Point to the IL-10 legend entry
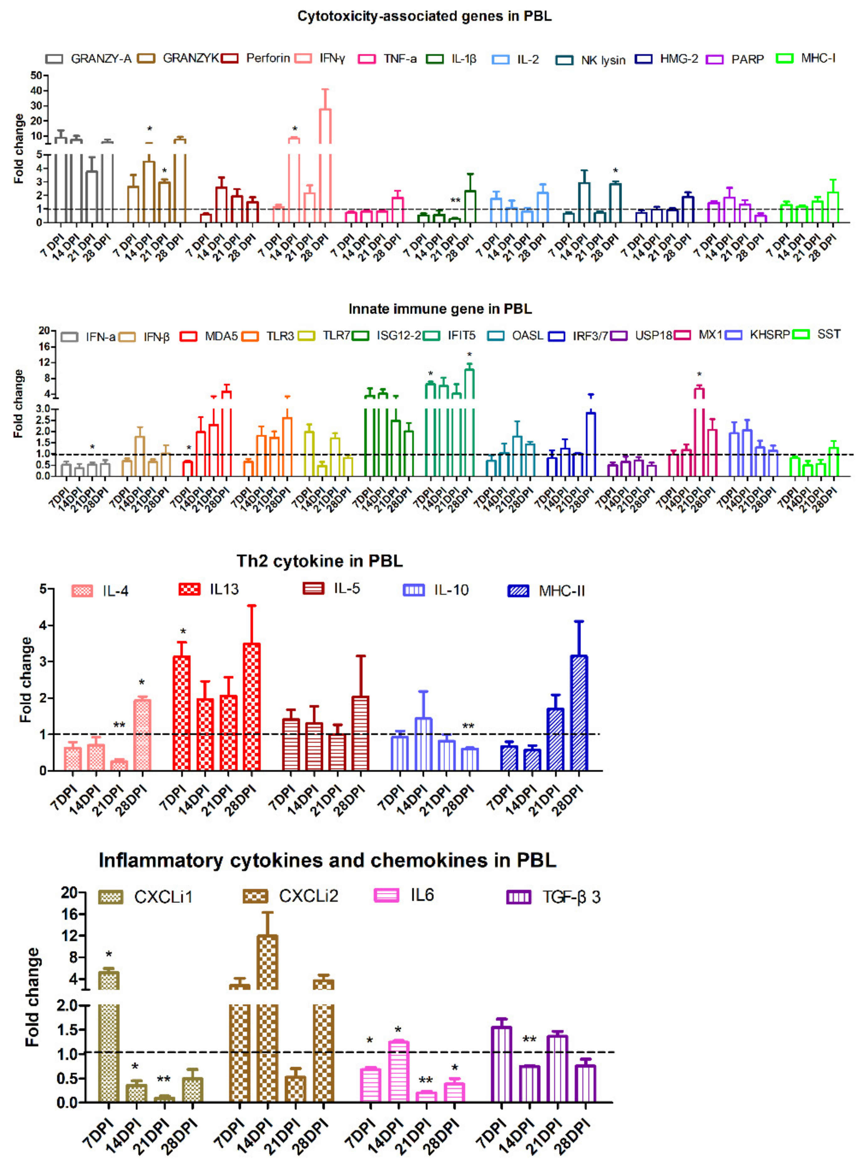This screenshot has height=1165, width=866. click(x=436, y=590)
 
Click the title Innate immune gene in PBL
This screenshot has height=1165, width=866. click(x=440, y=309)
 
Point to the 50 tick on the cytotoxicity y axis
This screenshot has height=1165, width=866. click(x=36, y=76)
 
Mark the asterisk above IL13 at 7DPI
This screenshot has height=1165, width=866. click(x=183, y=632)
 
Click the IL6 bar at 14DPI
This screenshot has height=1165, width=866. click(x=399, y=1071)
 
